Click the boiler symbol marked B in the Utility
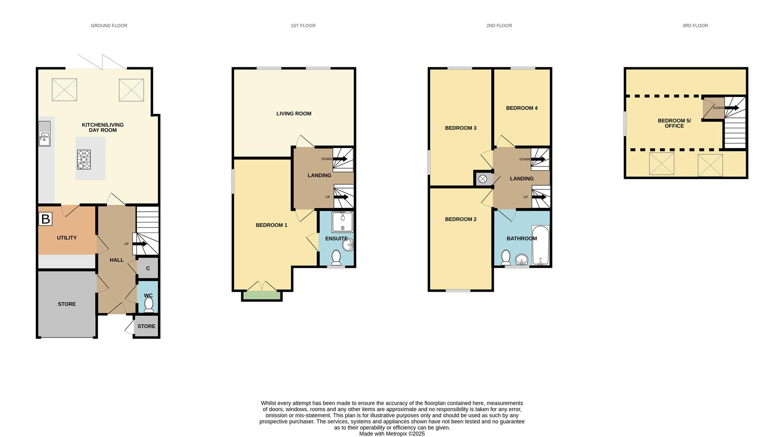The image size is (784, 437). click(45, 219)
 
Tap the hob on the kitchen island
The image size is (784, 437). click(84, 160)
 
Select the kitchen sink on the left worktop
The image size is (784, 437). click(45, 133)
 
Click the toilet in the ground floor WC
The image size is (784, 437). click(149, 305)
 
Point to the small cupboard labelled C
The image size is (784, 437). click(148, 268)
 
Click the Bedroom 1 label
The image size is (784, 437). click(272, 225)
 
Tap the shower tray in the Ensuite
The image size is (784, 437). click(342, 222)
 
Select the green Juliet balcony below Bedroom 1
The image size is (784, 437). click(262, 296)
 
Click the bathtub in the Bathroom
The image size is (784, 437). click(541, 245)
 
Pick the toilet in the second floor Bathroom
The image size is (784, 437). click(506, 257)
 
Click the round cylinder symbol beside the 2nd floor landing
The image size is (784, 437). click(483, 179)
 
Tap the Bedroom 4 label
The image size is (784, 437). click(521, 108)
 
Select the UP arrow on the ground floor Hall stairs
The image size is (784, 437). click(140, 244)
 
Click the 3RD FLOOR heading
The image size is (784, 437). click(695, 26)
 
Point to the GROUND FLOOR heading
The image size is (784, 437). click(109, 26)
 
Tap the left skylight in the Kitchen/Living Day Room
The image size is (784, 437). click(64, 90)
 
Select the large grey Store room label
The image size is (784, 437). click(67, 304)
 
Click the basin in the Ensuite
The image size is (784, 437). click(347, 245)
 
